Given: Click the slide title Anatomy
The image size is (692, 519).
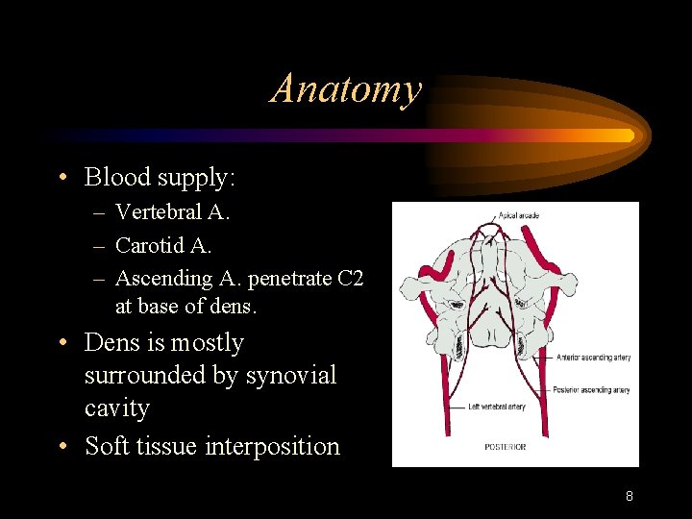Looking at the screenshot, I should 346,89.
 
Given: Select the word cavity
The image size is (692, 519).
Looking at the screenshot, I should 116,408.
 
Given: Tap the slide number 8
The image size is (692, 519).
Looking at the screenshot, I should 629,497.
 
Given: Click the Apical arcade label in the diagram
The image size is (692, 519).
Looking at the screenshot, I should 518,214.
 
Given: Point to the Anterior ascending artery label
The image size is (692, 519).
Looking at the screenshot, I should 593,358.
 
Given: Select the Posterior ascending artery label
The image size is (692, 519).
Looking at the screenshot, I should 591,390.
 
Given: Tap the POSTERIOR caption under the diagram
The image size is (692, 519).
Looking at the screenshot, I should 505,447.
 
